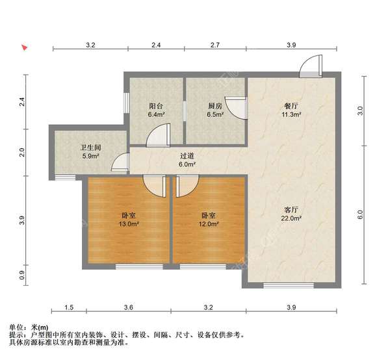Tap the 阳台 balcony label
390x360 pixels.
(156, 105)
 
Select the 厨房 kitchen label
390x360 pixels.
(215, 105)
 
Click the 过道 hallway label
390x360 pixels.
(187, 156)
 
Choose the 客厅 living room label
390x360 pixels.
(291, 210)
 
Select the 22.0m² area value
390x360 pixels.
(291, 219)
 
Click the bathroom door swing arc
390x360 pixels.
(121, 163)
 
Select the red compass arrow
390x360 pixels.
(24, 47)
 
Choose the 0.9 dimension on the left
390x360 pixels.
(23, 276)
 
